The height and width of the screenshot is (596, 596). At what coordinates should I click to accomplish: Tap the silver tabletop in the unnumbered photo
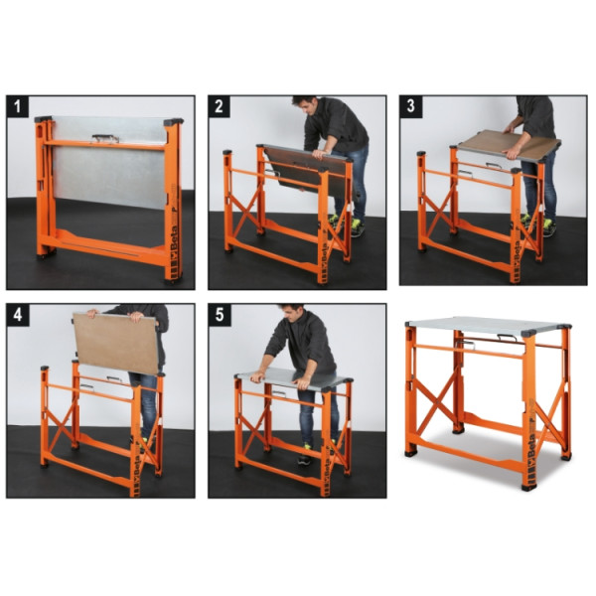pos(487,324)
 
